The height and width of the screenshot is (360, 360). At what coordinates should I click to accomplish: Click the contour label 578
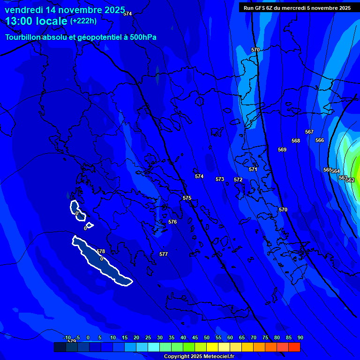point(101,252)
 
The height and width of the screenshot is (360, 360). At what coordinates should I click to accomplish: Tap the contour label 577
point(164,254)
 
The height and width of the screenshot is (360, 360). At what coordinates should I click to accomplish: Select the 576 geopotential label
point(172,222)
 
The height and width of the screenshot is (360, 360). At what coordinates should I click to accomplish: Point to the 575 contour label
point(187,198)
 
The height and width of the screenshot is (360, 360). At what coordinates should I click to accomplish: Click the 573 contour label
point(220,179)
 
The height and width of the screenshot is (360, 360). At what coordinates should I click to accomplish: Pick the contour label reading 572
point(238,180)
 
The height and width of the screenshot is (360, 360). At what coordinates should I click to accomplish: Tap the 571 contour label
point(253,169)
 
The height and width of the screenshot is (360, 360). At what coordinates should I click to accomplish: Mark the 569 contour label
point(282,150)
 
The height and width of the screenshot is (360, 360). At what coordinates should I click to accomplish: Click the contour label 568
point(296,141)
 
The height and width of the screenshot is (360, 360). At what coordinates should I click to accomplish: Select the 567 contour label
point(309,132)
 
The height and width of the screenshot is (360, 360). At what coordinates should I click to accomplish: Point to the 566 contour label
point(320,140)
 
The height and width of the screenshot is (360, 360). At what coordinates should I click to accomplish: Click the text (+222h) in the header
point(83,21)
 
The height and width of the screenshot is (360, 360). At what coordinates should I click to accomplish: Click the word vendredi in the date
point(23,10)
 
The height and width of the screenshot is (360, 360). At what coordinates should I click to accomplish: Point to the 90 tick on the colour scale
point(300,337)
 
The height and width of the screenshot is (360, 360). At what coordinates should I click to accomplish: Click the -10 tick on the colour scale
point(67,337)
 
